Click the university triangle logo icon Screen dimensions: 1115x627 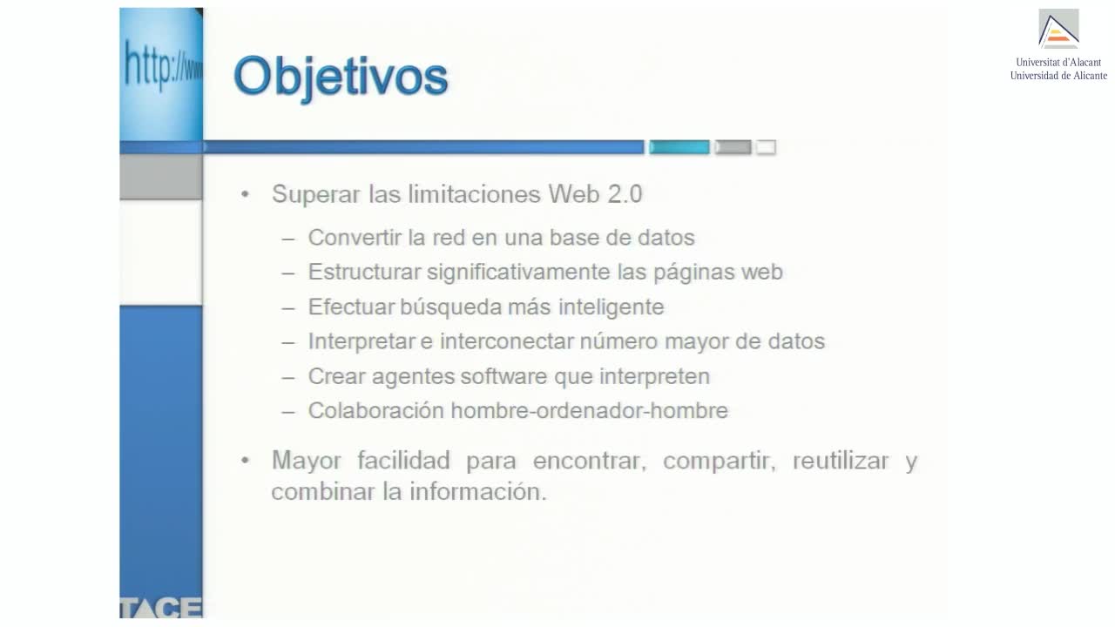(1058, 29)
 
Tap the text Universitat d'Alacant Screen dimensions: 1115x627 (1058, 62)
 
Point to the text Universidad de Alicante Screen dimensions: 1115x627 (1058, 76)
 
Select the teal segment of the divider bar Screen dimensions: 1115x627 (679, 147)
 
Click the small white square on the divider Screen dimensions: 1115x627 (766, 147)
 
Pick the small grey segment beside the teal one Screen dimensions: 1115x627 (733, 147)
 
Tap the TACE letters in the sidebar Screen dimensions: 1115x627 (161, 607)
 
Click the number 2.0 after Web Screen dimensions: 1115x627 (625, 194)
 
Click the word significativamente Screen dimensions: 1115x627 (518, 273)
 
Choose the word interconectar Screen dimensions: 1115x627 (506, 341)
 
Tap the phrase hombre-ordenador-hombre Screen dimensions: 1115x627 (590, 410)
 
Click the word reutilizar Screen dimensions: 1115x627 (841, 461)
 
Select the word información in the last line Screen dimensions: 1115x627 (478, 492)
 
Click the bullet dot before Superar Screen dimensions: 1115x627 (245, 194)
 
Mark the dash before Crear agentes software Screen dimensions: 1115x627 (287, 378)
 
